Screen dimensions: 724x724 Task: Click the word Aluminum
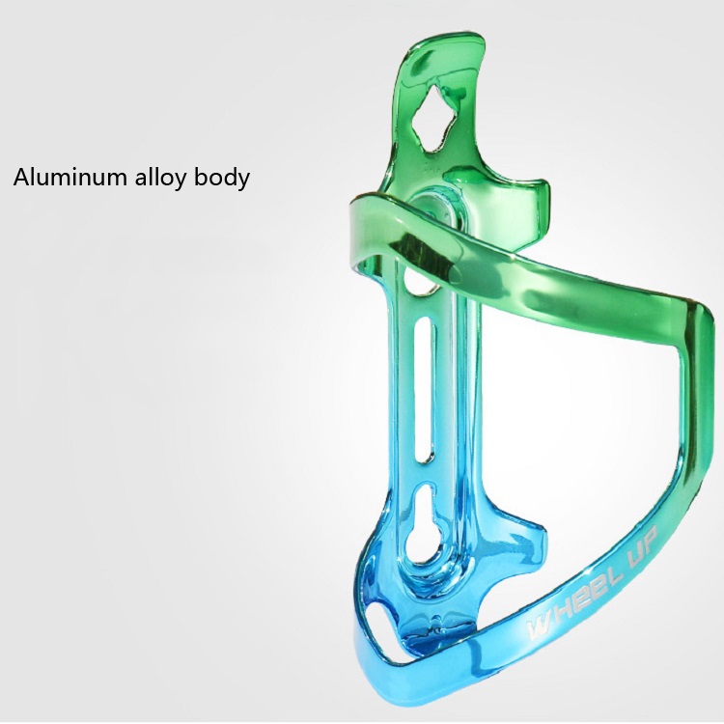69,177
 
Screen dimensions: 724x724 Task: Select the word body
222,178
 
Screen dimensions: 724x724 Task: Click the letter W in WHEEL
539,628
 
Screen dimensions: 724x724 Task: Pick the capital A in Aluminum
21,177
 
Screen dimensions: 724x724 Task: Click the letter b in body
201,177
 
